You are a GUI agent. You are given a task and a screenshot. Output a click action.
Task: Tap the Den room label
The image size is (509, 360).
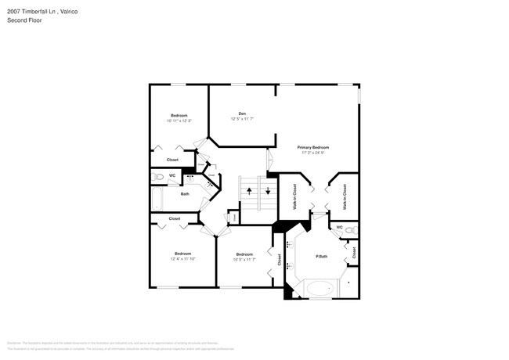[x=242, y=113]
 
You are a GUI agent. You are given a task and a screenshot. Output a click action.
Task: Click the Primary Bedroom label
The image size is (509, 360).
[x=312, y=147]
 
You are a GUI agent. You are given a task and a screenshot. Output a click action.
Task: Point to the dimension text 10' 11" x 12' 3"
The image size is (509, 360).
[x=179, y=121]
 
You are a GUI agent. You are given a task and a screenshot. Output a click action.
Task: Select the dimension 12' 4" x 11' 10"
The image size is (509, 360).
[x=182, y=258]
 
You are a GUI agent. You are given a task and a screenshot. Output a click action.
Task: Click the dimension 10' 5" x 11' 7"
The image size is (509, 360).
[x=244, y=259]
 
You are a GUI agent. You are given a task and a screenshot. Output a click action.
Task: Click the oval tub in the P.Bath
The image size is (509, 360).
[x=319, y=289]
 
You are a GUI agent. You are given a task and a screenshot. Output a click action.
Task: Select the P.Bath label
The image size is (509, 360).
[x=321, y=257]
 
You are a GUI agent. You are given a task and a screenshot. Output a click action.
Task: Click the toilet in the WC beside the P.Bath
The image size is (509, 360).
[x=349, y=229]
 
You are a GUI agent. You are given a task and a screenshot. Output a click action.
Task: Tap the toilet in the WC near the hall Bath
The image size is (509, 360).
[x=157, y=177]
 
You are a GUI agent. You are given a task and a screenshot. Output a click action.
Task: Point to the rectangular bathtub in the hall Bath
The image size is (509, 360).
[x=157, y=200]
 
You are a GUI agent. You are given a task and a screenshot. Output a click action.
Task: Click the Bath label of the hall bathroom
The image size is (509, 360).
[x=185, y=194]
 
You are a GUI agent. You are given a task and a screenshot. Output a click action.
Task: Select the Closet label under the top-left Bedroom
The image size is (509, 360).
[x=172, y=160]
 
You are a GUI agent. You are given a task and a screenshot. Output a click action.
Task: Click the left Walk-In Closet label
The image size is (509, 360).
[x=294, y=196]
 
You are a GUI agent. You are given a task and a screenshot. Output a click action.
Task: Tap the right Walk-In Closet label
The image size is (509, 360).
[x=345, y=196]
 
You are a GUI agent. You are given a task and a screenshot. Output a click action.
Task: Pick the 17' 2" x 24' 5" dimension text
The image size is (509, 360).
[x=312, y=153]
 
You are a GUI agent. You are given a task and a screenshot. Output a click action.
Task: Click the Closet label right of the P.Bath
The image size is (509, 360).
[x=354, y=253]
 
